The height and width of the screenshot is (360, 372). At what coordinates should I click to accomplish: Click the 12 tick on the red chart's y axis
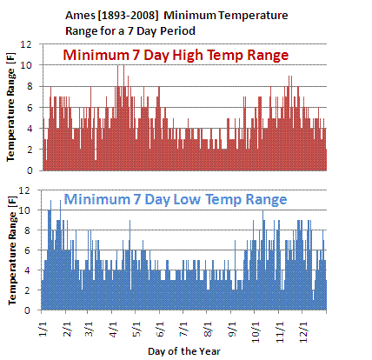point(25,44)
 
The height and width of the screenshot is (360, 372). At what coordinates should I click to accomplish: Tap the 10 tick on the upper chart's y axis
point(25,65)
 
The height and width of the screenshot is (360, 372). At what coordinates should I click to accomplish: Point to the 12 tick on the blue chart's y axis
point(24,190)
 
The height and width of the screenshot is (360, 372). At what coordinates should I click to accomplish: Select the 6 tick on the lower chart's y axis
point(27,250)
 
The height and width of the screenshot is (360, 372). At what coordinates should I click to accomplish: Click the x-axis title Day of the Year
point(184,351)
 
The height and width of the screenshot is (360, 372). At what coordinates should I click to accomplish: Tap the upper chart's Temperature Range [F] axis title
point(10,107)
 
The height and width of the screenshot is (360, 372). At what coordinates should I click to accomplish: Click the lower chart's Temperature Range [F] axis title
point(12,250)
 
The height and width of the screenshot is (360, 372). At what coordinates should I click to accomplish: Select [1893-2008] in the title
point(129,16)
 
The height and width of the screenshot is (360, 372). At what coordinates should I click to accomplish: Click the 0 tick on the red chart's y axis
point(29,170)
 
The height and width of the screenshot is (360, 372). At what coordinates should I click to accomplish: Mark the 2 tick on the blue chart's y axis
point(27,290)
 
